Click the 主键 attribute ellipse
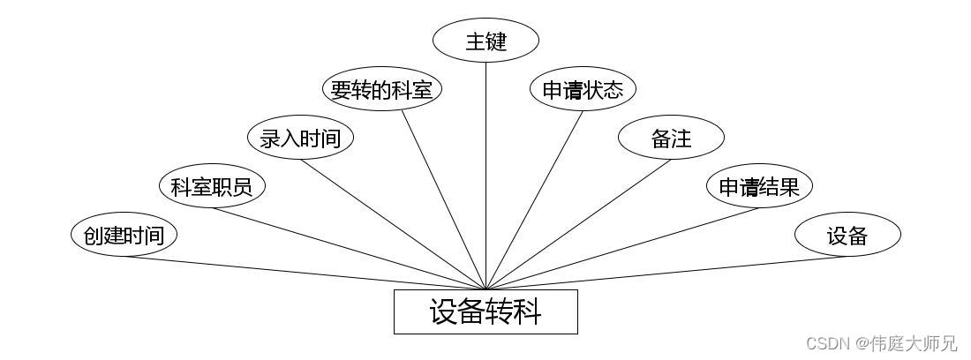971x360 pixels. (x=486, y=41)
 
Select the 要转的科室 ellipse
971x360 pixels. (x=380, y=89)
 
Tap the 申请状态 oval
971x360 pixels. (x=583, y=89)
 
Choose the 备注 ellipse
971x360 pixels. (x=671, y=138)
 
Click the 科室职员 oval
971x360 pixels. (x=212, y=186)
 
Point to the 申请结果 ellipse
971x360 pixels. (x=759, y=186)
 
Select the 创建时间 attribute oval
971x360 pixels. (x=124, y=235)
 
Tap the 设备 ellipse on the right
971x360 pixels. (x=847, y=235)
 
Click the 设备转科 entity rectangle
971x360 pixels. (x=485, y=312)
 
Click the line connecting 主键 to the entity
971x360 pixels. (x=486, y=176)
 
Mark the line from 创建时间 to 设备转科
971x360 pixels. (x=305, y=273)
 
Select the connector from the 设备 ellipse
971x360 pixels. (x=666, y=273)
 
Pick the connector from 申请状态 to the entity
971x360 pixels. (x=534, y=200)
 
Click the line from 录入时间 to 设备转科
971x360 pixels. (x=393, y=224)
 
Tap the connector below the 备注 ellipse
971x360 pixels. (x=578, y=224)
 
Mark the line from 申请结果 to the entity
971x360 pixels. (x=622, y=249)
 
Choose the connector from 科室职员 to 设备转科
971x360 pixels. (x=349, y=249)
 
